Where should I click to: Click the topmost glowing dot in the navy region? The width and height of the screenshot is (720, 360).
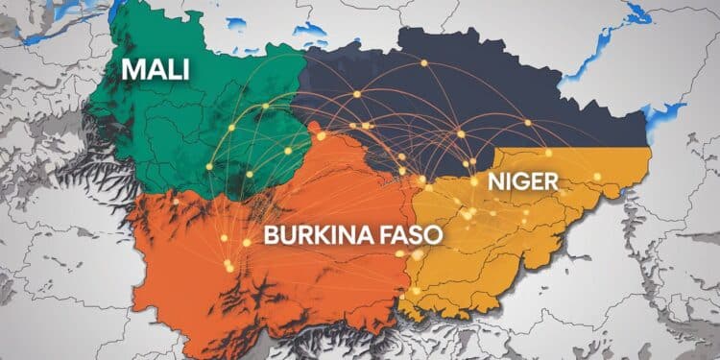click(423, 62)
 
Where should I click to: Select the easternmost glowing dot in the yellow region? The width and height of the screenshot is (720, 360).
click(597, 176)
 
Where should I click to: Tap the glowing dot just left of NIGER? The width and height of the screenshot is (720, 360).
click(473, 180)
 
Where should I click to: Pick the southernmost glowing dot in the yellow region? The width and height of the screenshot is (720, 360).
click(415, 291)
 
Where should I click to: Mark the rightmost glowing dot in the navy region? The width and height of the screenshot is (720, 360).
click(528, 122)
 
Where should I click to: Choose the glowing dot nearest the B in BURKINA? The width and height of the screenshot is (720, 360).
click(247, 242)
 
